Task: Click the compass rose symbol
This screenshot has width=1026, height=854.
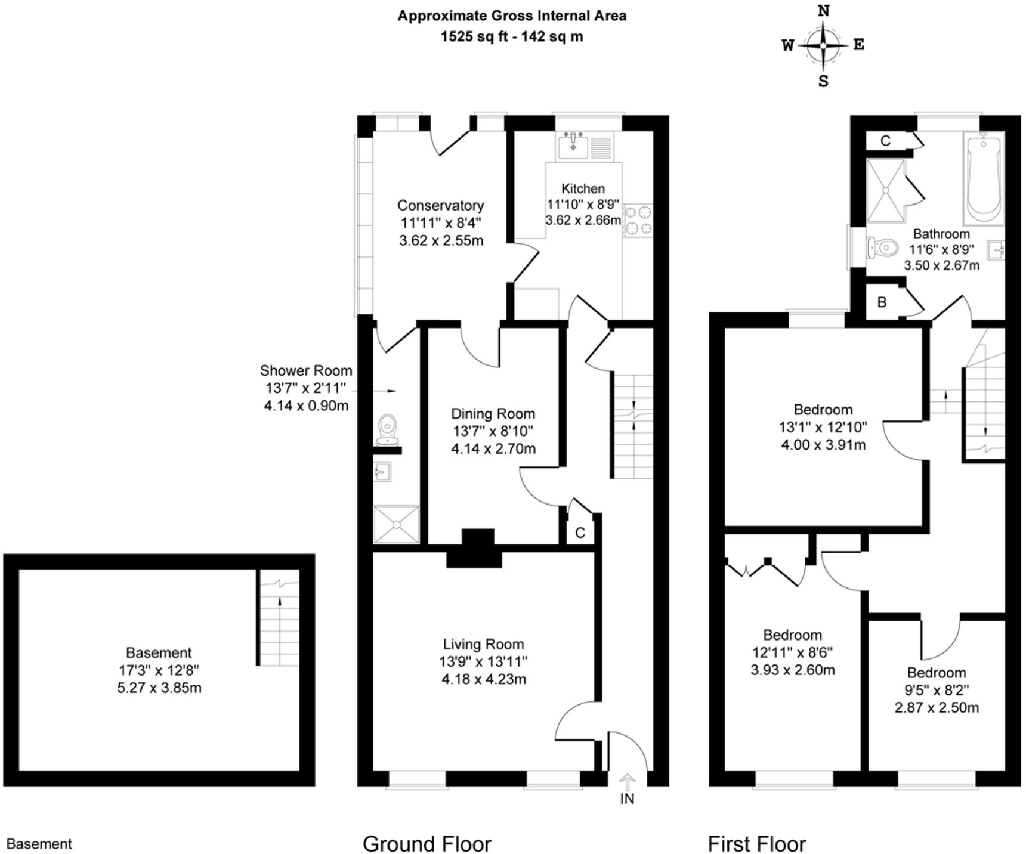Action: pyautogui.click(x=823, y=45)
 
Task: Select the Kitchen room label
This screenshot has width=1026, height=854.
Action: pyautogui.click(x=583, y=188)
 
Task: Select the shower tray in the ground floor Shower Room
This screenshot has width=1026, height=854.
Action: pyautogui.click(x=396, y=524)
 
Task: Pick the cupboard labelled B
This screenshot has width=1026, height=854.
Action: pyautogui.click(x=882, y=302)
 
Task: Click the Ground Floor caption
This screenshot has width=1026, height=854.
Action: pyautogui.click(x=427, y=844)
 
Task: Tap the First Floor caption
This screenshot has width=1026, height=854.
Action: pyautogui.click(x=756, y=844)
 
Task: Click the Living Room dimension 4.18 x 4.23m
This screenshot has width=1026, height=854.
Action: pyautogui.click(x=483, y=679)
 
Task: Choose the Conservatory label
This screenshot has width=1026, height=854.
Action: pyautogui.click(x=440, y=205)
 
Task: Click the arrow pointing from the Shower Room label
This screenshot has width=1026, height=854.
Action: pyautogui.click(x=382, y=391)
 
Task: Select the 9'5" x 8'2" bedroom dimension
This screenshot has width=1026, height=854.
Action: pyautogui.click(x=937, y=690)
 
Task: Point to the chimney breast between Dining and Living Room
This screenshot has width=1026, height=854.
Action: pyautogui.click(x=475, y=547)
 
